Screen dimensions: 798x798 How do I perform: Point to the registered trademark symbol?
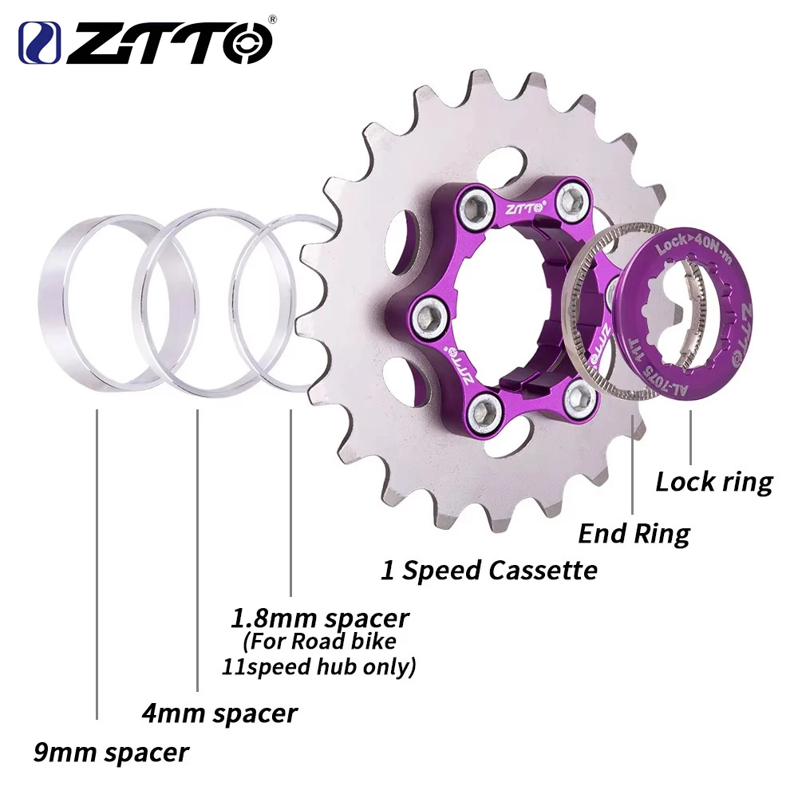pos(271,18)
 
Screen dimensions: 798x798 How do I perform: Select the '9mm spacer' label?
pos(111,751)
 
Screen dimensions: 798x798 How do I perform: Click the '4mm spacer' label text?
pos(219,712)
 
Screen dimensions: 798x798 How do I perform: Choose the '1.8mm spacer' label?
pos(319,618)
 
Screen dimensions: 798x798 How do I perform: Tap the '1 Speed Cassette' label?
pos(488,570)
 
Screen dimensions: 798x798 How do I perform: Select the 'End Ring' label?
pos(634,532)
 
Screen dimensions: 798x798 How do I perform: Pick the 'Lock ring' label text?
pos(714,481)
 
